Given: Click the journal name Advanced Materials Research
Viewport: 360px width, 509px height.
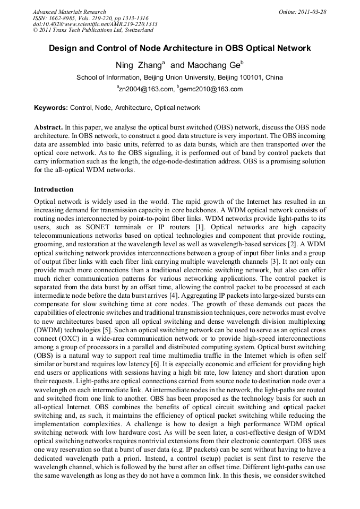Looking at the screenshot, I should tap(69, 12).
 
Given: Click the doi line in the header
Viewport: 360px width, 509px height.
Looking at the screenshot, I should tap(95, 24).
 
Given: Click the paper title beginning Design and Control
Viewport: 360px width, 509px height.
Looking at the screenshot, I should tap(179, 48).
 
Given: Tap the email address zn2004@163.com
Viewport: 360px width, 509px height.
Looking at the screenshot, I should tap(146, 89).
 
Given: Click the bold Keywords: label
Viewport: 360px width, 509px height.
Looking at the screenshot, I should tap(51, 108).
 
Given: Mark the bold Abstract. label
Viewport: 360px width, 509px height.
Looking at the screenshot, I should tap(48, 128).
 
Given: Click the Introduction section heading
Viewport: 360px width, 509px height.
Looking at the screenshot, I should tap(54, 189).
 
